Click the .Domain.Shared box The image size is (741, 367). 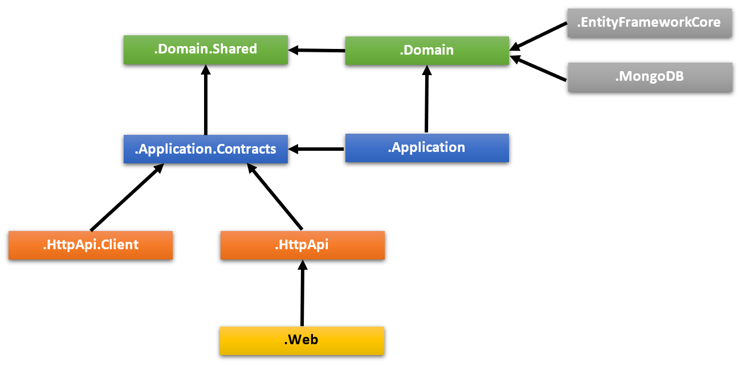click(206, 50)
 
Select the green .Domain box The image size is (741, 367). click(427, 51)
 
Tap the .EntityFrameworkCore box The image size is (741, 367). click(650, 23)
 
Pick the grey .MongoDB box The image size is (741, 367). click(650, 77)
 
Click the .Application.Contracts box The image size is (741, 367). click(206, 149)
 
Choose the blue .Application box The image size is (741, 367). click(427, 148)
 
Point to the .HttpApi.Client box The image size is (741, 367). click(91, 245)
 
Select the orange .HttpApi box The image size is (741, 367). click(303, 245)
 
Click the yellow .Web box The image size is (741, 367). click(302, 340)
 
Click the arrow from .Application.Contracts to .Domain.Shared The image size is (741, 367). click(206, 100)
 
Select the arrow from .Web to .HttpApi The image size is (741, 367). click(303, 292)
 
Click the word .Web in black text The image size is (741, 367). click(301, 340)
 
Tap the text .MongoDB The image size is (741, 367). click(649, 77)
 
